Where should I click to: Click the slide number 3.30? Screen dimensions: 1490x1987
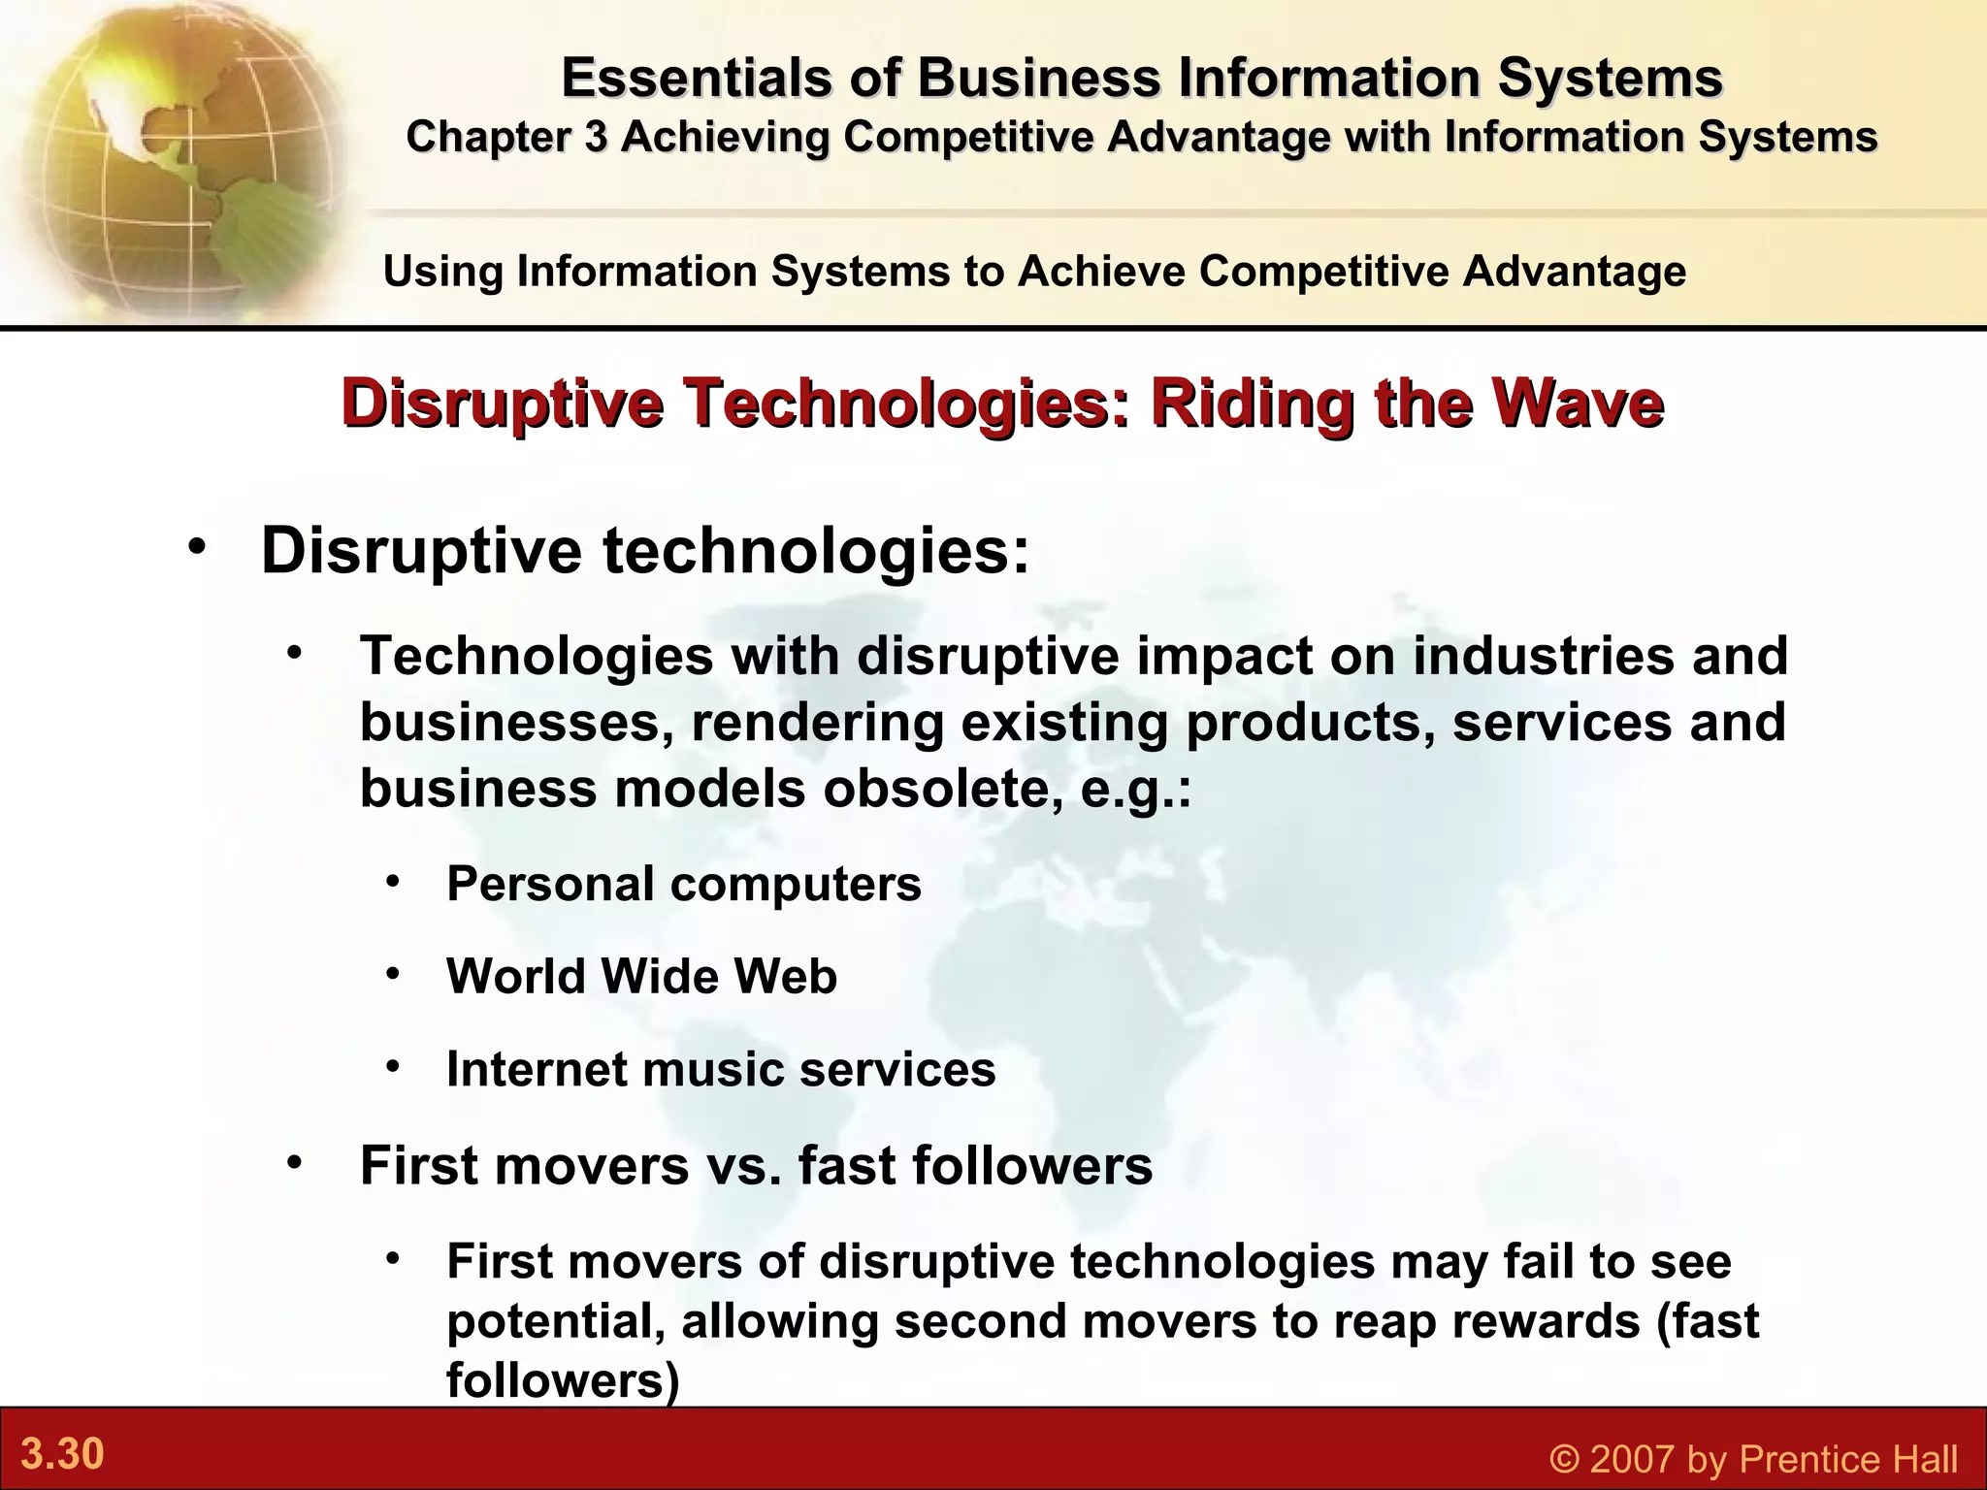point(63,1455)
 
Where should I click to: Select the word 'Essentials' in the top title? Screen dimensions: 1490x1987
point(697,78)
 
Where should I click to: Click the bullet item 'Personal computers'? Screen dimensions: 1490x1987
point(683,884)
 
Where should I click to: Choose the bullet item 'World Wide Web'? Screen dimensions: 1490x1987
point(641,976)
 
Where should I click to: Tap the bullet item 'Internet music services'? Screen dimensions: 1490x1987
point(721,1069)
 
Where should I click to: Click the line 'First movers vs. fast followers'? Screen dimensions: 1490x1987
point(756,1165)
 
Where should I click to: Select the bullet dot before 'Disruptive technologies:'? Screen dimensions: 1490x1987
point(198,546)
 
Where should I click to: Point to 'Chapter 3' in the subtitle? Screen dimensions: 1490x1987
point(505,137)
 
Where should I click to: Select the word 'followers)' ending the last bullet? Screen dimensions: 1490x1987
point(563,1380)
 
